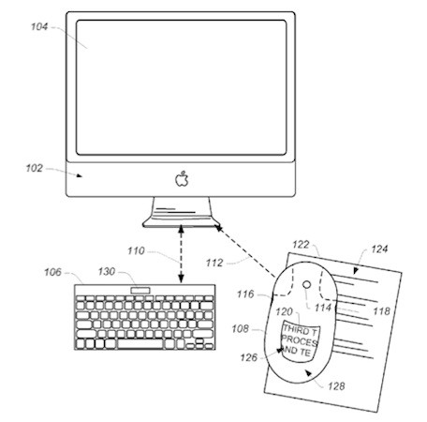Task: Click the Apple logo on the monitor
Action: [182, 179]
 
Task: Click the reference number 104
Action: [39, 27]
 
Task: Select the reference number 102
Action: [34, 168]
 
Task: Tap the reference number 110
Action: [136, 250]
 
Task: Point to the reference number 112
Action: [214, 263]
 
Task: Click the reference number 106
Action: [52, 272]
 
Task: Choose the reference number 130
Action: [107, 271]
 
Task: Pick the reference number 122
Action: [301, 245]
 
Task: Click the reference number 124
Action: [379, 249]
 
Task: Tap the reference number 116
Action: [245, 294]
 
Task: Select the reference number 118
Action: [382, 311]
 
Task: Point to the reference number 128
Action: [336, 386]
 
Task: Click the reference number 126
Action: [249, 357]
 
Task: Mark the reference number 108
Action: [241, 329]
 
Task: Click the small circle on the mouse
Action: [307, 284]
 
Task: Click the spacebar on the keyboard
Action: [140, 344]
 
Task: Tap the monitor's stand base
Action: [181, 223]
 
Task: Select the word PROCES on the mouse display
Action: [300, 340]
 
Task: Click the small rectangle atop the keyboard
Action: [140, 291]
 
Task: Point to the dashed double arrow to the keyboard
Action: [181, 254]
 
